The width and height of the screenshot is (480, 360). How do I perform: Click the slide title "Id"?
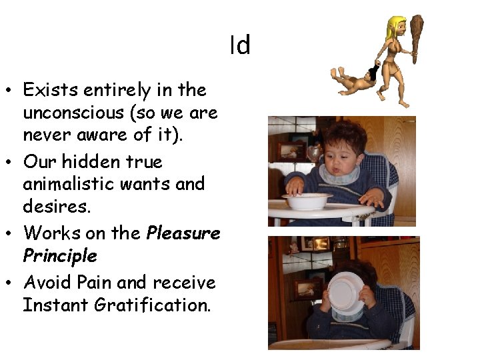tap(240, 45)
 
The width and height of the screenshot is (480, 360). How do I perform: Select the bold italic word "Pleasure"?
tap(183, 233)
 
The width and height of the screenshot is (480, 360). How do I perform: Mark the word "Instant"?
tap(51, 306)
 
